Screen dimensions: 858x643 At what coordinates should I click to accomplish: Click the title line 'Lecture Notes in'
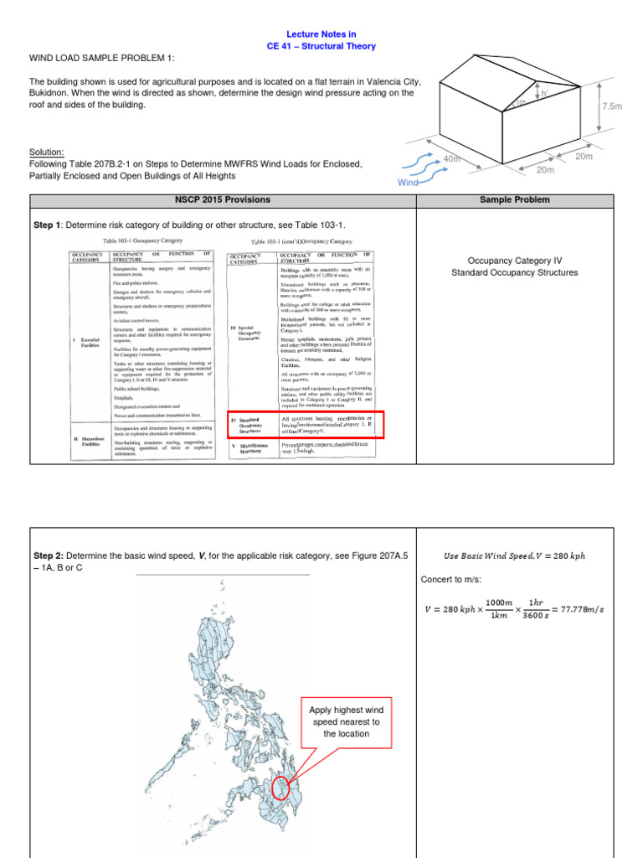point(322,34)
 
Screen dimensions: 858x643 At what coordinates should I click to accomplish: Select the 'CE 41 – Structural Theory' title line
point(321,47)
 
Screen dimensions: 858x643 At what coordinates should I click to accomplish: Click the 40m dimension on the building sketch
point(452,158)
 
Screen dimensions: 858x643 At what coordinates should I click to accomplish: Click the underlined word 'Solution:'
point(47,152)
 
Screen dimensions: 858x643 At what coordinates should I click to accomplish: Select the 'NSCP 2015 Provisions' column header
point(223,200)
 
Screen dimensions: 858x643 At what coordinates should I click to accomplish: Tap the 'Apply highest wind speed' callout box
point(347,721)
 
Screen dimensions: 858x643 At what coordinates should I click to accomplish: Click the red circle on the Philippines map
point(280,787)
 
